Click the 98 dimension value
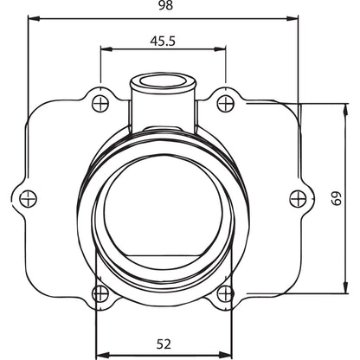tap(165, 5)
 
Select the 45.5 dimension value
tap(163, 42)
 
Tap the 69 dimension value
tap(337, 198)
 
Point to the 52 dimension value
tap(164, 344)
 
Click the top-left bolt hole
tap(100, 103)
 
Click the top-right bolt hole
tap(225, 103)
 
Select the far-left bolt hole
tap(28, 198)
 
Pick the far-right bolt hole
tap(298, 198)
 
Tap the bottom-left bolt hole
tap(100, 294)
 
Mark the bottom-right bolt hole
tap(225, 294)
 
